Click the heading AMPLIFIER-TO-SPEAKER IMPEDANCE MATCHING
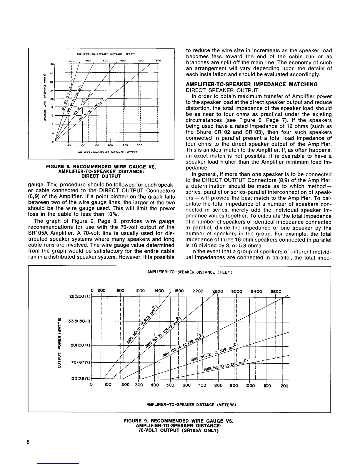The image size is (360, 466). pos(252,84)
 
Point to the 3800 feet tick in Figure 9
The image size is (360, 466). pos(276,292)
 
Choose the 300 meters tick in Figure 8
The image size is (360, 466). pos(139,145)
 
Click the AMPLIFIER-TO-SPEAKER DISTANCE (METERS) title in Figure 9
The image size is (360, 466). pos(191,405)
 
